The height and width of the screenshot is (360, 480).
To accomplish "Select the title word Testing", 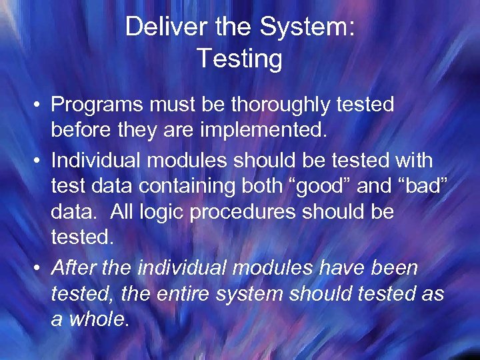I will [x=239, y=59].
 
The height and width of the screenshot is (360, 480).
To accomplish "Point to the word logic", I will [x=169, y=213].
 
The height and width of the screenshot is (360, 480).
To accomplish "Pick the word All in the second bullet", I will [x=125, y=213].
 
